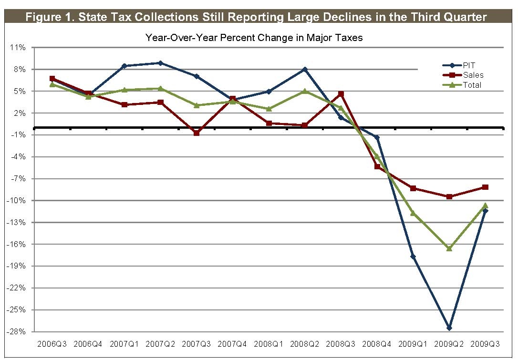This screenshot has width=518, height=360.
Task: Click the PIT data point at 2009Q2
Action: (x=449, y=328)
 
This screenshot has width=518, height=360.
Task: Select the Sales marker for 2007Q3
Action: (x=197, y=133)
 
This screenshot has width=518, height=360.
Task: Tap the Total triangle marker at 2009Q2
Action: (x=449, y=248)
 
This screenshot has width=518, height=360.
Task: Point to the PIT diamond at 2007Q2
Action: (x=160, y=63)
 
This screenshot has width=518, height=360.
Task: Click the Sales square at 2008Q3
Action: (x=341, y=94)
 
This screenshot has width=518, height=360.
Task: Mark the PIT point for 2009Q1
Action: (x=413, y=257)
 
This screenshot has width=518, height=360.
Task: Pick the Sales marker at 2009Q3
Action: (x=486, y=187)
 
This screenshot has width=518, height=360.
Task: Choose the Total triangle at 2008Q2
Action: (x=305, y=91)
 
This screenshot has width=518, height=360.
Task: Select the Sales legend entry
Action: (x=473, y=75)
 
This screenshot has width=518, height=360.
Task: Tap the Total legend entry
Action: (x=472, y=85)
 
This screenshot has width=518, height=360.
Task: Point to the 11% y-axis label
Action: (x=18, y=48)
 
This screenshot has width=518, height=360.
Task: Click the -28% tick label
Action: (x=17, y=332)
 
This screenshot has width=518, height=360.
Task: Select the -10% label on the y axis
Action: (x=17, y=201)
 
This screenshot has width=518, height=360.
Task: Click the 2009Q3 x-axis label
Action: (x=486, y=344)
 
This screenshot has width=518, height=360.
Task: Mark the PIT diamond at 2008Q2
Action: (x=305, y=69)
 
